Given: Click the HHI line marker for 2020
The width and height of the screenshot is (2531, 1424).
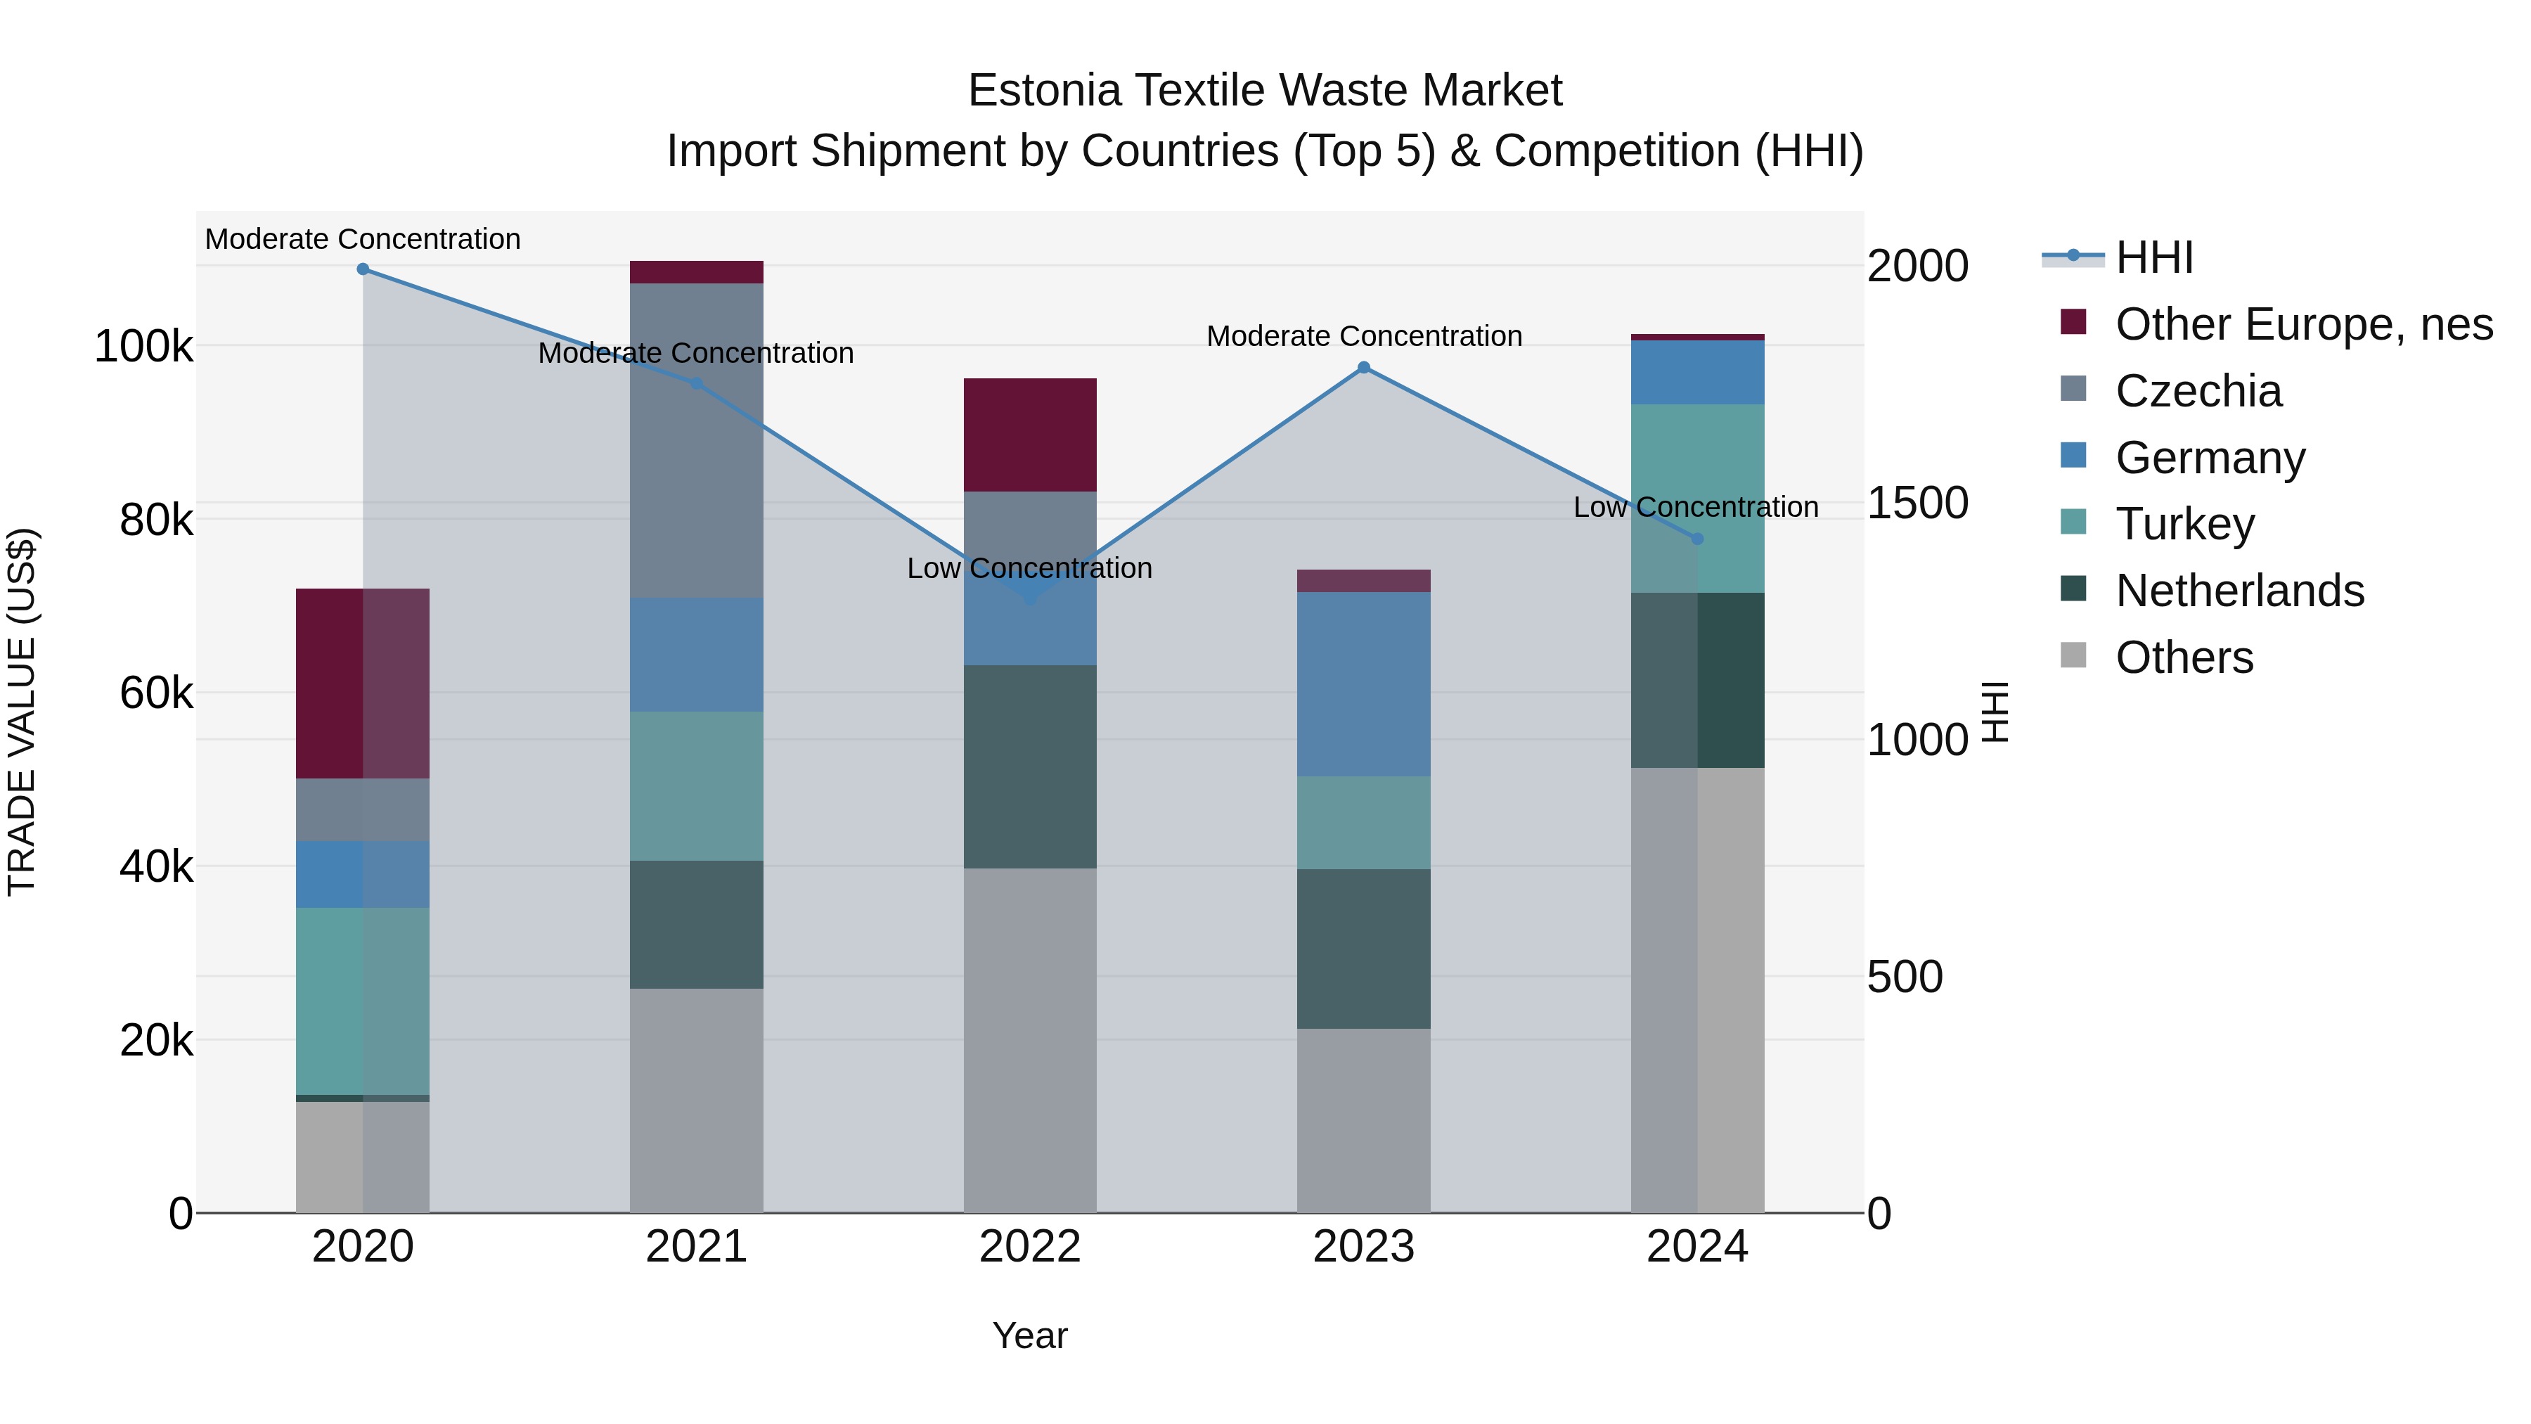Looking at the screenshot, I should (363, 269).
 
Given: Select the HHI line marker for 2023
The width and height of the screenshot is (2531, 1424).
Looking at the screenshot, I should (1364, 368).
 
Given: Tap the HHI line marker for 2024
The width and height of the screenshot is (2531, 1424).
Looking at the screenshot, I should (1697, 539).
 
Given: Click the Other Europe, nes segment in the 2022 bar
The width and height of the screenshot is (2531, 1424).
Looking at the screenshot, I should (1030, 435).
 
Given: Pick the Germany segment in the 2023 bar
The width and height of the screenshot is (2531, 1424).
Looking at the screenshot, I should (1364, 684).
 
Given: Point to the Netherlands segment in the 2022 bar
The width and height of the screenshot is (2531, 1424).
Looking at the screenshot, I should (1030, 766).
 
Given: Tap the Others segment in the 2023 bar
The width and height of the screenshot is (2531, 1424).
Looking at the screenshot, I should (1364, 1120).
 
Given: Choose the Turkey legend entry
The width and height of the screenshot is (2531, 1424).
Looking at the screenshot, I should (2185, 524).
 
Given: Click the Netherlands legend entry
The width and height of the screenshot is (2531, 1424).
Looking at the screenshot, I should (2239, 591).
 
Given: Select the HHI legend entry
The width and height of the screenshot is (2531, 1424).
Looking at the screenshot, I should (2153, 257).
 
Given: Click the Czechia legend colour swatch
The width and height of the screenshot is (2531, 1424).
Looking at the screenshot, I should (2073, 389).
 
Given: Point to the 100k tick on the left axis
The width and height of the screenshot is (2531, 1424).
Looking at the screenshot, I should (143, 347).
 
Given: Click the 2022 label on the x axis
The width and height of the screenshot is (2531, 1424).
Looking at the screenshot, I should (1030, 1247).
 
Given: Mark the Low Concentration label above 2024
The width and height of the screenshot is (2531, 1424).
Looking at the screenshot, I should (1696, 507).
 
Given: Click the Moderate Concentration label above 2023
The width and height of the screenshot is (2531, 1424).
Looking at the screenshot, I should (1364, 336).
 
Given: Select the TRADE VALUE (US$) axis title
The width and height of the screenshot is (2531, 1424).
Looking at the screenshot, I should (22, 712).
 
